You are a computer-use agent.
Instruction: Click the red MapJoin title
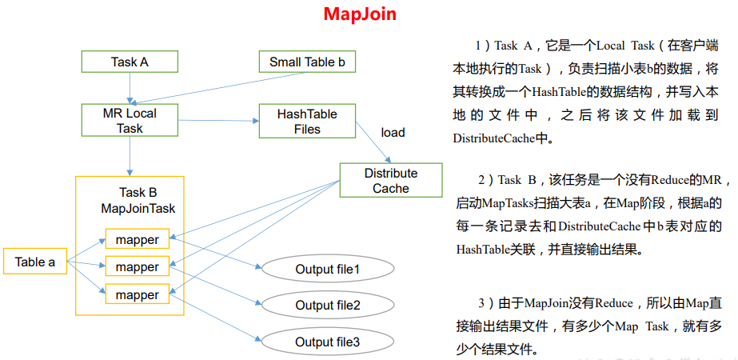pyautogui.click(x=360, y=14)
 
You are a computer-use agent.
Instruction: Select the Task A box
pyautogui.click(x=130, y=62)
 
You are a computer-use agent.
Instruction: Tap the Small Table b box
pyautogui.click(x=306, y=62)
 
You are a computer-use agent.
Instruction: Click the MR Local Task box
pyautogui.click(x=130, y=121)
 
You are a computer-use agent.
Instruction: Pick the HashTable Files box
pyautogui.click(x=306, y=121)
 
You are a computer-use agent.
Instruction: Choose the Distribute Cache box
pyautogui.click(x=390, y=181)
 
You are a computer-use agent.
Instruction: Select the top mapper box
pyautogui.click(x=137, y=239)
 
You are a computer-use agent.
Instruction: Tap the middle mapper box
pyautogui.click(x=137, y=266)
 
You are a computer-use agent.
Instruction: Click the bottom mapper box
pyautogui.click(x=137, y=294)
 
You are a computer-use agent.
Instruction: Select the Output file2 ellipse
pyautogui.click(x=328, y=306)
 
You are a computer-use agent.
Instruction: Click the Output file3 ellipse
pyautogui.click(x=328, y=342)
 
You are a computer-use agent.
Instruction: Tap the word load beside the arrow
pyautogui.click(x=393, y=133)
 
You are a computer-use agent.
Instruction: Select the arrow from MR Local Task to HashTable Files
pyautogui.click(x=216, y=121)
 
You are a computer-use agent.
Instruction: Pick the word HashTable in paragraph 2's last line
pyautogui.click(x=481, y=250)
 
